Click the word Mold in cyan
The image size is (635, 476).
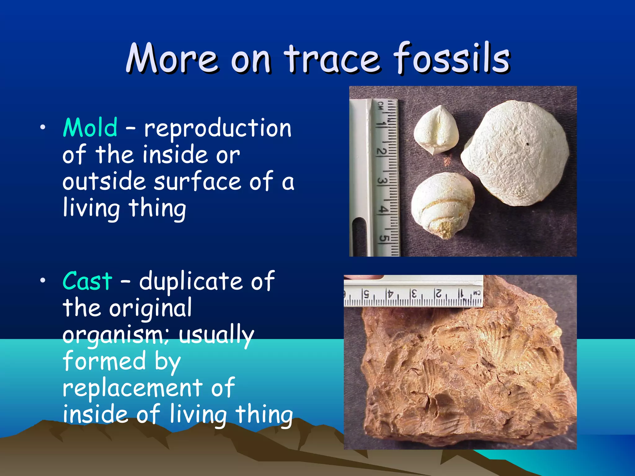pos(90,128)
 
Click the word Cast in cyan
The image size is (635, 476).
pos(87,281)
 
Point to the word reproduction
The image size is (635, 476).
pos(218,128)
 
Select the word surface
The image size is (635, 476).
pos(198,182)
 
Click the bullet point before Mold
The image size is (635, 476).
pos(43,127)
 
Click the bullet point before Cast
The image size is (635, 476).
pos(43,280)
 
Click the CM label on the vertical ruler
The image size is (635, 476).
pos(380,106)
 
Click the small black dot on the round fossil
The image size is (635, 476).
pos(527,144)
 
